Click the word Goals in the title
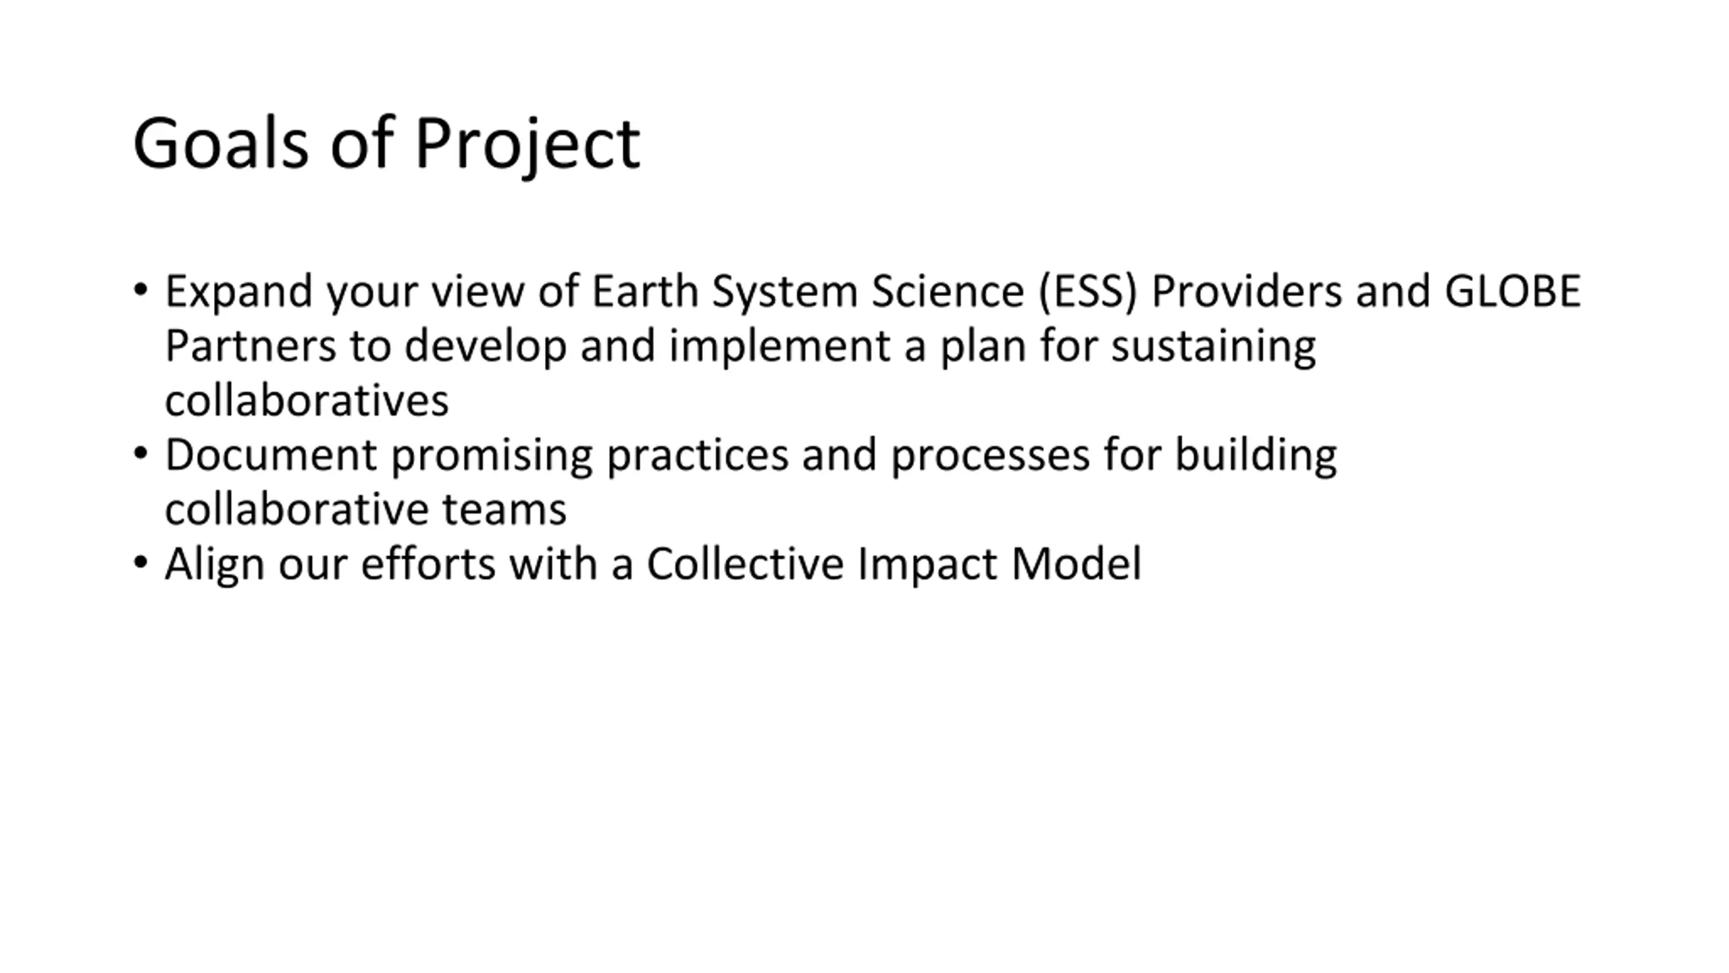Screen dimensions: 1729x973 coord(221,143)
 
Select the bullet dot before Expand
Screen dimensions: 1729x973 coord(140,290)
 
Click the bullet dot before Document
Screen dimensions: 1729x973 coord(140,453)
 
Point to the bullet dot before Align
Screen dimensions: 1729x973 coord(140,562)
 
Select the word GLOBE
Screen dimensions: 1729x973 coord(1512,291)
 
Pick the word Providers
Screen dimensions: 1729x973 coord(1247,291)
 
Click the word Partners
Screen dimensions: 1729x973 coord(251,346)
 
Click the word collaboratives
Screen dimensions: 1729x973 coord(307,400)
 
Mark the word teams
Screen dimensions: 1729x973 coord(504,510)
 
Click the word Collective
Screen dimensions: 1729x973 coord(746,564)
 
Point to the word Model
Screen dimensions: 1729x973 coord(1076,564)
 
